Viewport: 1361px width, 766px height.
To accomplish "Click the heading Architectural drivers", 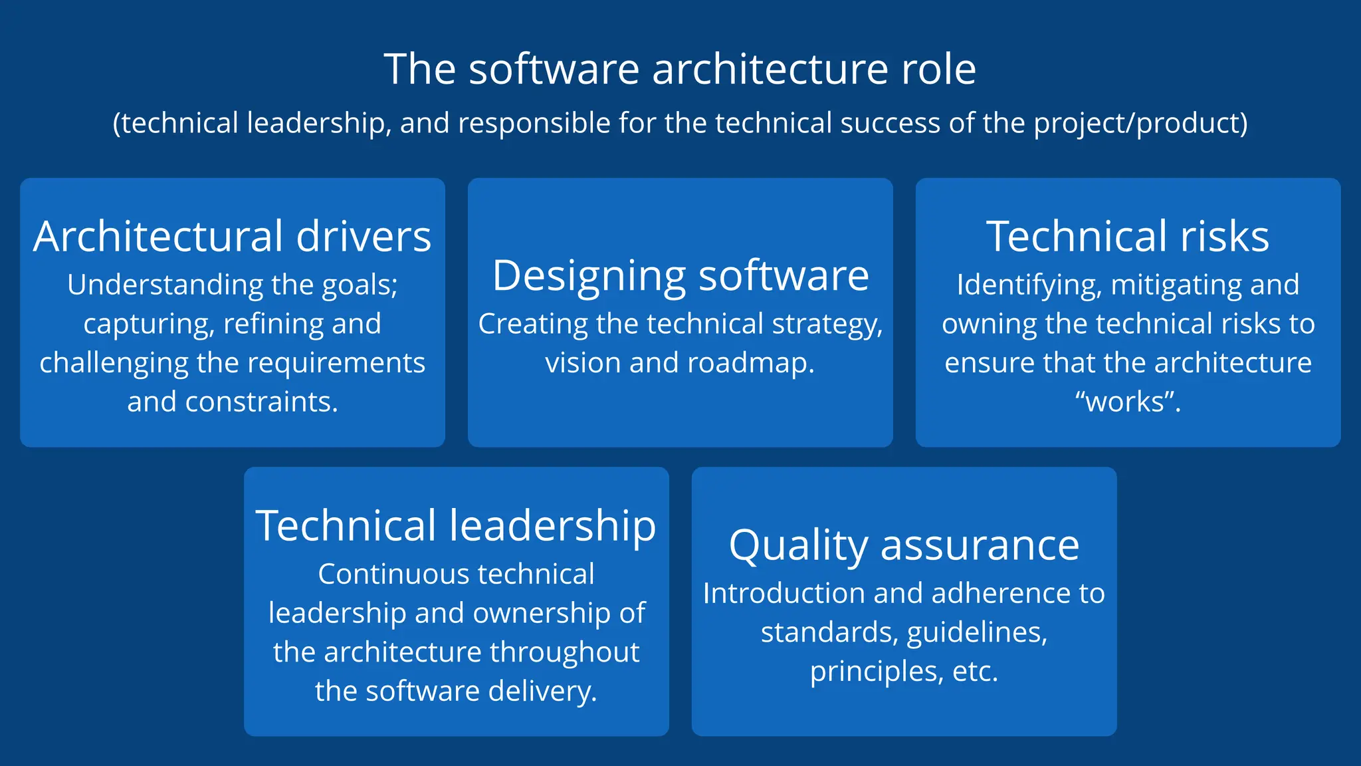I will tap(232, 236).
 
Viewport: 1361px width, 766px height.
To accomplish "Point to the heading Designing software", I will tap(680, 275).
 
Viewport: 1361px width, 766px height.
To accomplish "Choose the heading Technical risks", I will tap(1128, 236).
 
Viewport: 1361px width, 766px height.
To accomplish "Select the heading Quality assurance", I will tap(904, 545).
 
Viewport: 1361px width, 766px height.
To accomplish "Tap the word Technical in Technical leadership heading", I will tap(346, 525).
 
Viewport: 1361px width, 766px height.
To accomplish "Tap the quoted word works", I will tap(1127, 402).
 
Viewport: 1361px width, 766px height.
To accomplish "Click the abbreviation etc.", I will tap(975, 672).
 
